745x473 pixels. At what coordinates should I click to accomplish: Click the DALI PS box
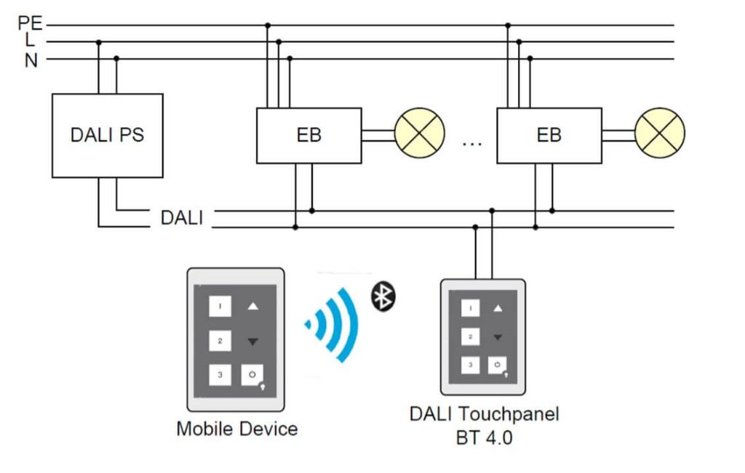(x=107, y=135)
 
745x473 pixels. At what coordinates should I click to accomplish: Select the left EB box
(x=308, y=135)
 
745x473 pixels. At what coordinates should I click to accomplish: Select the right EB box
(x=549, y=135)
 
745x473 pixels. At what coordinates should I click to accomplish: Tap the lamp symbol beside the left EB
(x=419, y=135)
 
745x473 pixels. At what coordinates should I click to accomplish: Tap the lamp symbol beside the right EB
(x=659, y=135)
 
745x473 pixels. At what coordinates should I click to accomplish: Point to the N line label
(x=31, y=60)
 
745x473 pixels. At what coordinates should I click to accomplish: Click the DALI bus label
(x=182, y=218)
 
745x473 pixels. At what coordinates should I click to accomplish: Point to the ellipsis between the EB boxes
(x=472, y=143)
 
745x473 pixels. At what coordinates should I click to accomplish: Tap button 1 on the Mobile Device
(x=220, y=307)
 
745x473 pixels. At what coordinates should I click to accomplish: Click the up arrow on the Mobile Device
(x=252, y=307)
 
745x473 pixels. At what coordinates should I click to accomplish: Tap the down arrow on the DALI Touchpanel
(x=498, y=337)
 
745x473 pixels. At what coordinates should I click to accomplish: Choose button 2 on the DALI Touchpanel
(x=471, y=337)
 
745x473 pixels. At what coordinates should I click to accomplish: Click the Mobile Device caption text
(x=236, y=429)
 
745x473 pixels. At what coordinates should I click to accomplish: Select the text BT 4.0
(x=484, y=437)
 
